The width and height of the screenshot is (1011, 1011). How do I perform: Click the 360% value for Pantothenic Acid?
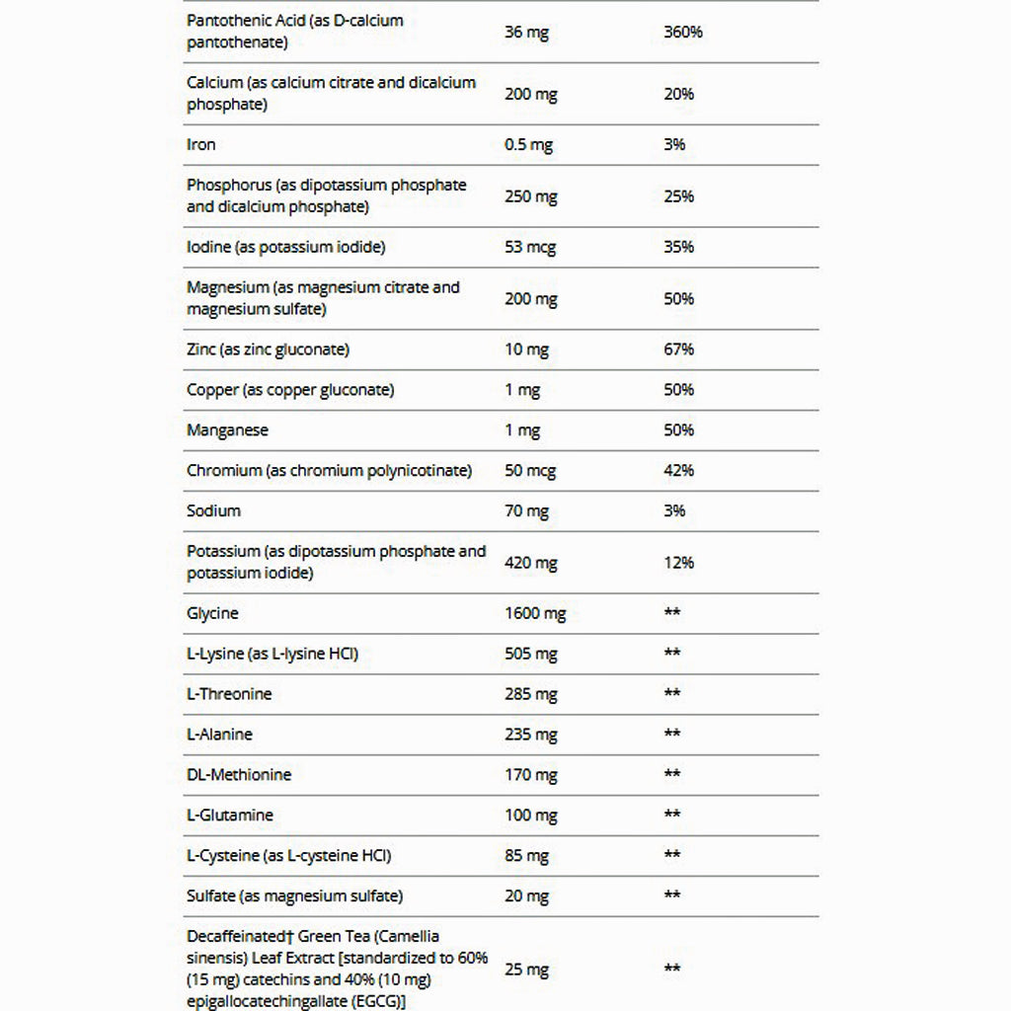[x=683, y=33]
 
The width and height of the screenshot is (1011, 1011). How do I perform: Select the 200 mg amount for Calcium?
[x=530, y=95]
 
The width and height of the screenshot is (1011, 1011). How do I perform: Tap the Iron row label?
[x=201, y=145]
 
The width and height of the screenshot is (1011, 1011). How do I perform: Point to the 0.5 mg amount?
[x=528, y=145]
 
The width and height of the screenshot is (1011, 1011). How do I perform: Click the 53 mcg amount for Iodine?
[x=531, y=247]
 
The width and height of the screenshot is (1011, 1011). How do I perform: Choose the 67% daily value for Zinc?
[x=679, y=350]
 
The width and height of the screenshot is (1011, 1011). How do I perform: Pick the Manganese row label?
[x=227, y=430]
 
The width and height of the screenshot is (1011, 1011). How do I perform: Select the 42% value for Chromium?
[x=679, y=471]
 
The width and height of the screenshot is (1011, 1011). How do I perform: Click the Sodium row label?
[x=213, y=511]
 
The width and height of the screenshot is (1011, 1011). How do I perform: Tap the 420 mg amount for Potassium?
[x=530, y=563]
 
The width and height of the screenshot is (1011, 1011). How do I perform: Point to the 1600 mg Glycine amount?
[x=535, y=614]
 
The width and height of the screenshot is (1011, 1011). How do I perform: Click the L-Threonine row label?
[x=229, y=694]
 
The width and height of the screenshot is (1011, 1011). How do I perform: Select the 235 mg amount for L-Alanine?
[x=530, y=735]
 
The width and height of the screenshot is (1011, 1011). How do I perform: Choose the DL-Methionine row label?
[x=239, y=775]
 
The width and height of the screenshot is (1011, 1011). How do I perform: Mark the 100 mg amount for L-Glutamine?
[x=530, y=816]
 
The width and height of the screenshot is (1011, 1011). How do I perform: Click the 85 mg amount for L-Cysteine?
[x=526, y=856]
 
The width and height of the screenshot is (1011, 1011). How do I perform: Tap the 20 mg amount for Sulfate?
[x=526, y=896]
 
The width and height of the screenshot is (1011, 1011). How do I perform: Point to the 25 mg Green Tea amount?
[x=526, y=970]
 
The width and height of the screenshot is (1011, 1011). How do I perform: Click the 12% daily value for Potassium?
[x=679, y=563]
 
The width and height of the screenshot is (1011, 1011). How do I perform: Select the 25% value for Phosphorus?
[x=679, y=196]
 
